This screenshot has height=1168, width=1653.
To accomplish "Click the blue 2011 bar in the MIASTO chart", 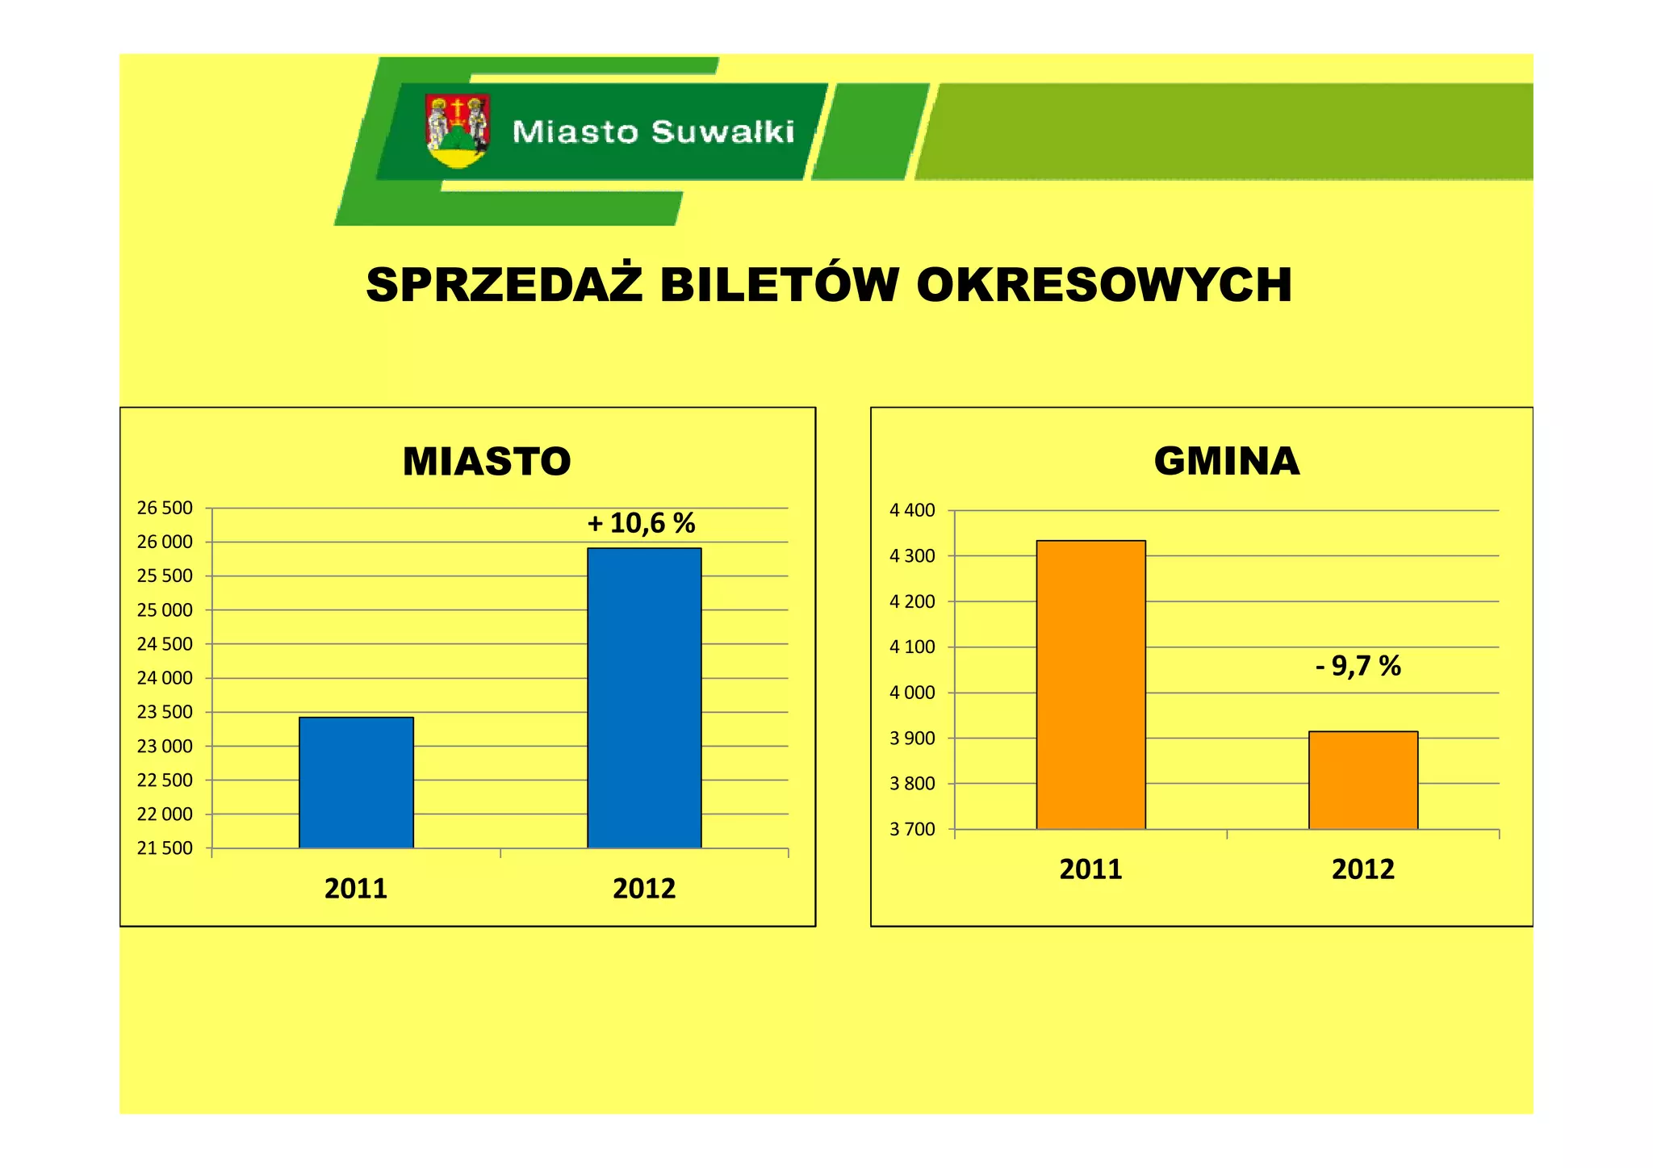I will (x=356, y=782).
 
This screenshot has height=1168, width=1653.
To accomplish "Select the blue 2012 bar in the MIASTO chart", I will (x=644, y=697).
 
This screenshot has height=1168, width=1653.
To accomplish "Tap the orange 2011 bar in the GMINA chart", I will (x=1090, y=684).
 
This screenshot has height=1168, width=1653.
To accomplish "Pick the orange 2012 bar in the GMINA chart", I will (x=1362, y=780).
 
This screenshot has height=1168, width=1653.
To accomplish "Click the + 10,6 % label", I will (x=641, y=523).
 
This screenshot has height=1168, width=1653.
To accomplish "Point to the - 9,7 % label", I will (x=1358, y=666).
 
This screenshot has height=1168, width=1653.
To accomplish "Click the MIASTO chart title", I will (x=487, y=462).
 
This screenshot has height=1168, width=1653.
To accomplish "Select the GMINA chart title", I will (x=1226, y=462).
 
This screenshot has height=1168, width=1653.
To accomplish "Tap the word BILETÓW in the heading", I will (x=779, y=285).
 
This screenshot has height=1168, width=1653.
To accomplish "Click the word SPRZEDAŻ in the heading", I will (x=504, y=285).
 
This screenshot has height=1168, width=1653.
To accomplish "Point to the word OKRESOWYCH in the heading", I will (x=1103, y=285).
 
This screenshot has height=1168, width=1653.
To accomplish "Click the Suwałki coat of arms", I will (x=458, y=131).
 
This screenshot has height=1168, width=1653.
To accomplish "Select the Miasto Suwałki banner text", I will (x=653, y=132).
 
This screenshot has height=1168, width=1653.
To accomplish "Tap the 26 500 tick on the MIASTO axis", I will (x=165, y=508).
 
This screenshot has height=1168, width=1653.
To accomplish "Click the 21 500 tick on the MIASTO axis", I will (x=165, y=848).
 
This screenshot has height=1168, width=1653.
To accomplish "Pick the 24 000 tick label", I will (x=165, y=678).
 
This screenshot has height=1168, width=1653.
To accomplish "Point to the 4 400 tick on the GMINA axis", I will (x=912, y=510).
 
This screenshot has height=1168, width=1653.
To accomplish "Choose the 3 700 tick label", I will (x=912, y=829).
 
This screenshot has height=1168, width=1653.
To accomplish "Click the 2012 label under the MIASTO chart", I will (x=644, y=889).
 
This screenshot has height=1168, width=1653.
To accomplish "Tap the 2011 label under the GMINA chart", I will (x=1090, y=869).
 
